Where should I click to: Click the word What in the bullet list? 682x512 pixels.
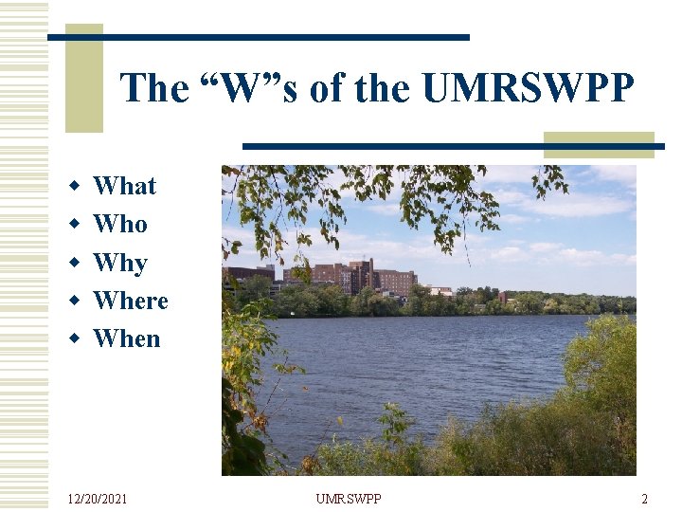[124, 186]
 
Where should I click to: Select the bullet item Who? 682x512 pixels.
[120, 224]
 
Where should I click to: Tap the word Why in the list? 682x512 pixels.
[120, 263]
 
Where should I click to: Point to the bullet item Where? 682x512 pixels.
[131, 301]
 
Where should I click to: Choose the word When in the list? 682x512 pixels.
[127, 338]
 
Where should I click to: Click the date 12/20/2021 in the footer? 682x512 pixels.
[98, 499]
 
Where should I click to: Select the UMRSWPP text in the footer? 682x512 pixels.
[349, 499]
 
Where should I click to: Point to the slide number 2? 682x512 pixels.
[644, 499]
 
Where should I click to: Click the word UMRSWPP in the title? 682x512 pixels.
[528, 88]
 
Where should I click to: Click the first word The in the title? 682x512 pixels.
[155, 88]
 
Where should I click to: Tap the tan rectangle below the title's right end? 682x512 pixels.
[599, 144]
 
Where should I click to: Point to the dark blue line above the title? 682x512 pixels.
[258, 37]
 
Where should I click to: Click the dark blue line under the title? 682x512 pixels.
[453, 146]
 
